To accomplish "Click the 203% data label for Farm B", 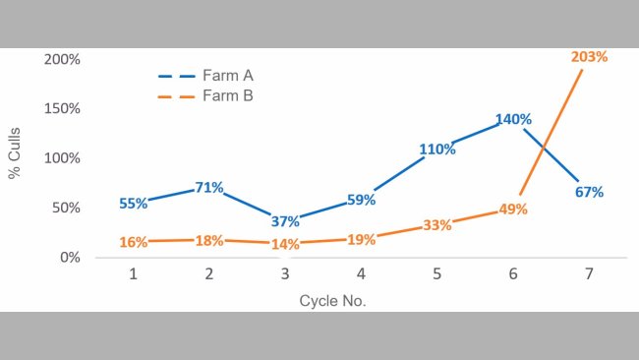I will click(589, 57).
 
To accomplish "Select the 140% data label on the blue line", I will click(513, 119).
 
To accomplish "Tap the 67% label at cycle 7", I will click(589, 191).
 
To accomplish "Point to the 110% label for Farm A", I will click(437, 150).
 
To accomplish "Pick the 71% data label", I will click(209, 187).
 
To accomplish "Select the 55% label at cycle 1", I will click(134, 203).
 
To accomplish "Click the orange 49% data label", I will click(513, 209).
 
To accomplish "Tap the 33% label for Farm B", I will click(437, 224).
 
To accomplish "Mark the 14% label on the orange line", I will click(285, 243).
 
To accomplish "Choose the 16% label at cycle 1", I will click(134, 241).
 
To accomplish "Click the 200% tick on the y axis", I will click(63, 59).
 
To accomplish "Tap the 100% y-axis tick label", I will click(63, 158).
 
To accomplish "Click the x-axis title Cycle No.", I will click(332, 300).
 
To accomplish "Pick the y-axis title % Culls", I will click(16, 157).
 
